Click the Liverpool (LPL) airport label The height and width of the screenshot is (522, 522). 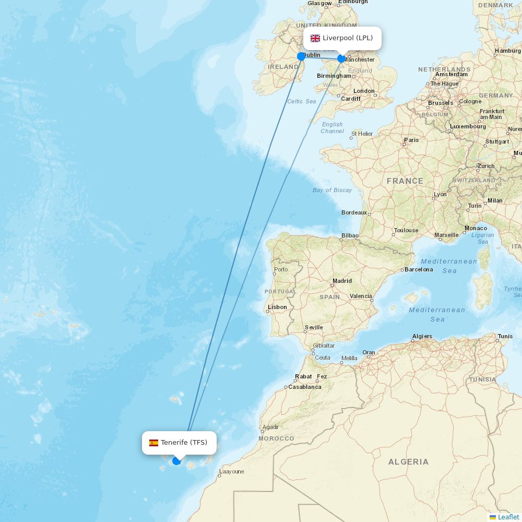tap(347, 38)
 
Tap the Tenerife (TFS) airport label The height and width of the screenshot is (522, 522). tap(184, 443)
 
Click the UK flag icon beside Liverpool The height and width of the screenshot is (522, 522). tap(315, 38)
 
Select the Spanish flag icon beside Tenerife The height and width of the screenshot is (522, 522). tap(153, 443)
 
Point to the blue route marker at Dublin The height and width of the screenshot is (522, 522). tap(301, 56)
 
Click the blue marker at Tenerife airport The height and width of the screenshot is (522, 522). tap(176, 461)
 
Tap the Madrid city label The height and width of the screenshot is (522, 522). tap(342, 281)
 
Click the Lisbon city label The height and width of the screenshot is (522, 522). tap(277, 307)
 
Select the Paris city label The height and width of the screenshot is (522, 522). tap(411, 140)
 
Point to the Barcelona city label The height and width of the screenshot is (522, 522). tap(419, 269)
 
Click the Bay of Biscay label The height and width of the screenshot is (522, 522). tap(332, 190)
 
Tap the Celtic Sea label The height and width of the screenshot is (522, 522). tap(302, 101)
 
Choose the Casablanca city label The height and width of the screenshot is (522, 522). tap(305, 387)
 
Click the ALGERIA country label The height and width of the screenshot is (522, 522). tap(408, 462)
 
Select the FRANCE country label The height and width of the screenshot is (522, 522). tap(405, 181)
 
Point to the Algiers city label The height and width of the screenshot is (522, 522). tap(422, 336)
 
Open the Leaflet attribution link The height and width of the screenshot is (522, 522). tap(508, 517)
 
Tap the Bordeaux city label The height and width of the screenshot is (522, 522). tap(354, 212)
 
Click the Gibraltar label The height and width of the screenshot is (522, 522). tap(324, 346)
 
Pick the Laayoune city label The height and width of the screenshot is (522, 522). tap(231, 471)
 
